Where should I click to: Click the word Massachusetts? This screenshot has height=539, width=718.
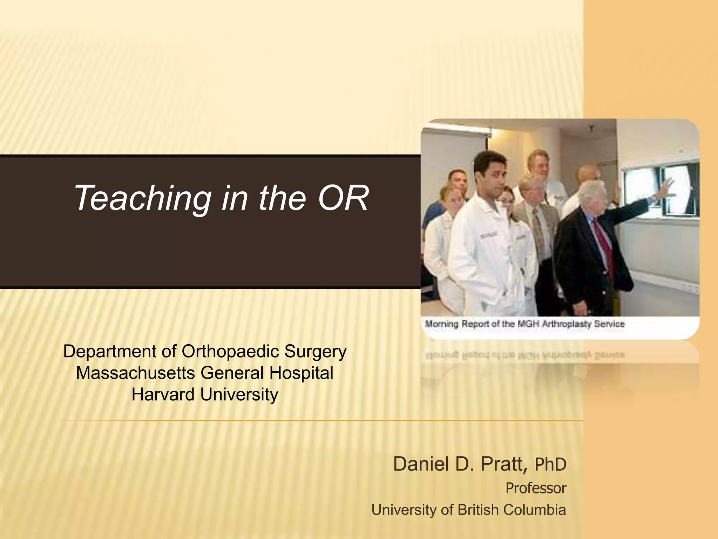click(x=135, y=373)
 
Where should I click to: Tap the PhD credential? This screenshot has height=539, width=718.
click(x=550, y=465)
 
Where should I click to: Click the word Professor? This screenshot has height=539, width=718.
click(x=536, y=488)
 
